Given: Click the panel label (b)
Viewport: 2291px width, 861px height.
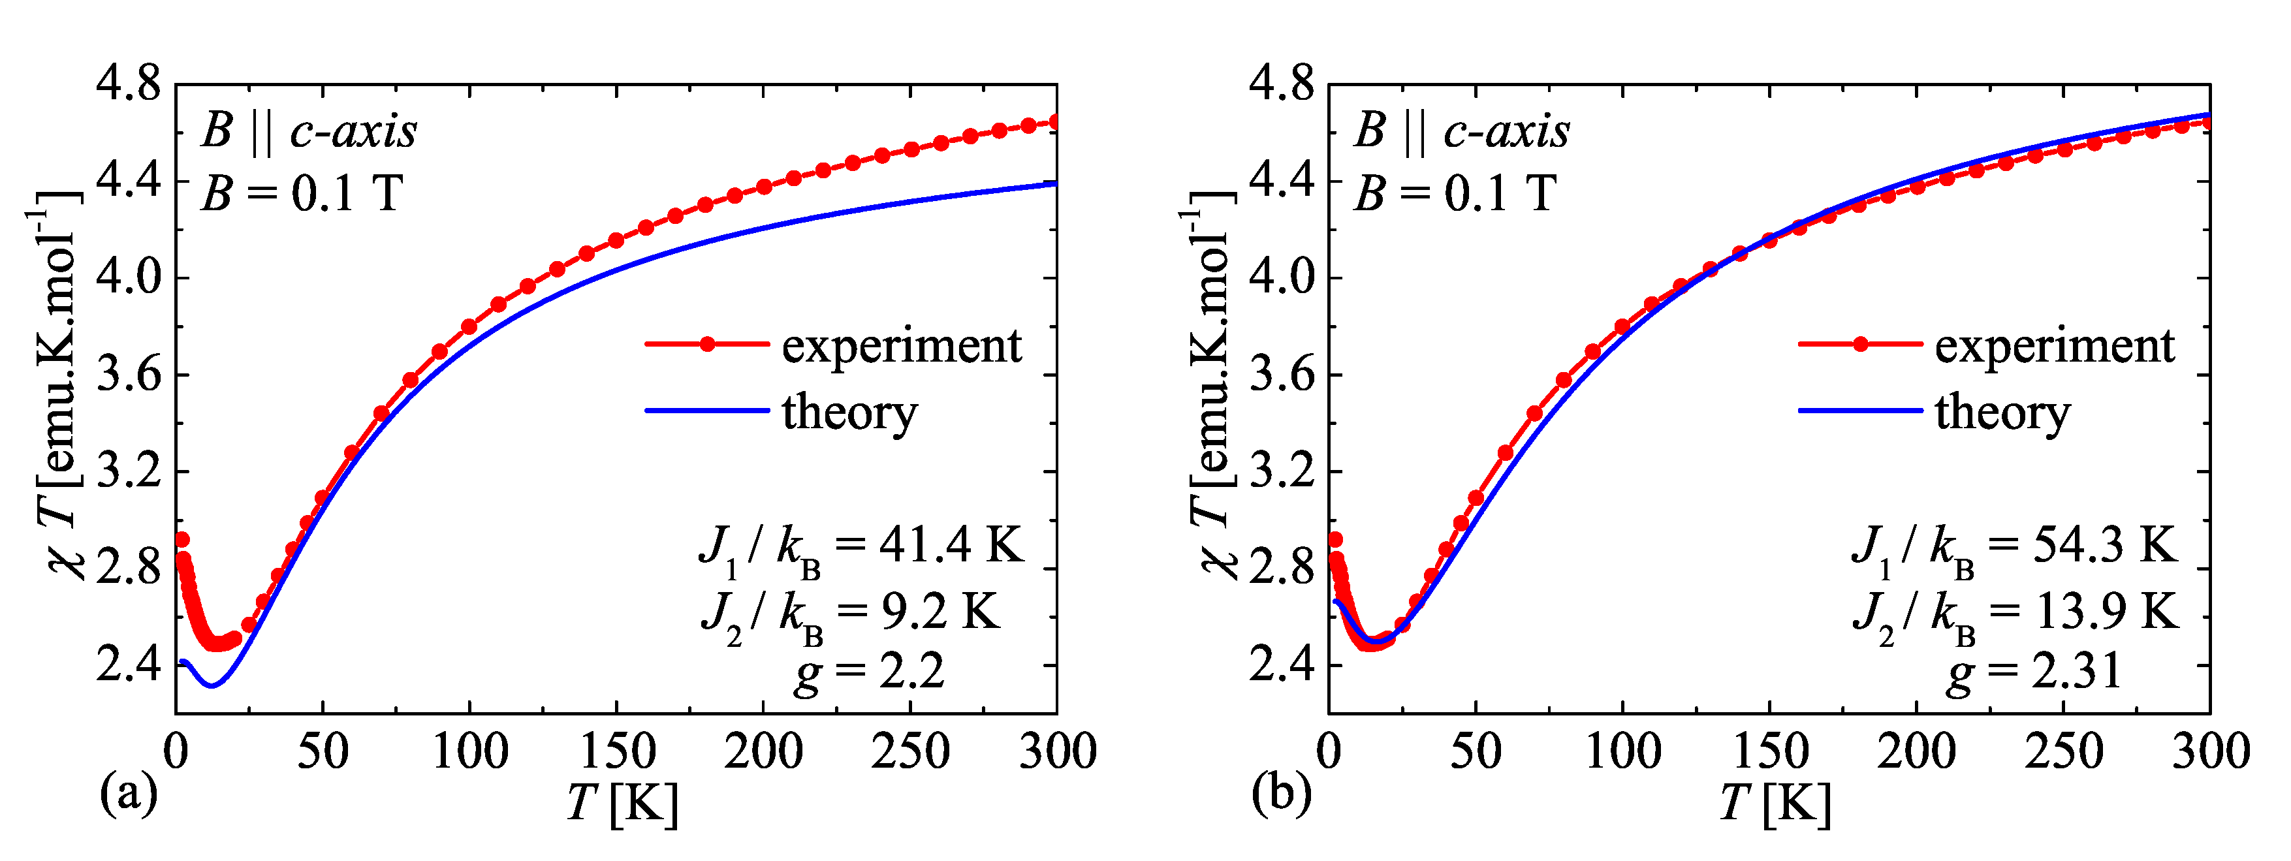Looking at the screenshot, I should point(1281,792).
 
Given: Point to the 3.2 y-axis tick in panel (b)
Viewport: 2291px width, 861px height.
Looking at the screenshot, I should point(1281,471).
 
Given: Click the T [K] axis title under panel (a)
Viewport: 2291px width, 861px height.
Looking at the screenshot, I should point(623,803).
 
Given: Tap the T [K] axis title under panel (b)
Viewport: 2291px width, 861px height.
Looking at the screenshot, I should point(1775,803).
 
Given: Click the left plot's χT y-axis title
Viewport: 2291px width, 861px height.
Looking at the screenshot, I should point(58,383).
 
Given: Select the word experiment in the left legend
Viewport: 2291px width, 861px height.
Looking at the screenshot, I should point(902,345).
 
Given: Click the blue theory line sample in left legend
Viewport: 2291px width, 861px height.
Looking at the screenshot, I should point(707,410).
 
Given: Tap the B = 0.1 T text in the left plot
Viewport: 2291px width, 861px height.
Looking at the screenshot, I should point(302,193).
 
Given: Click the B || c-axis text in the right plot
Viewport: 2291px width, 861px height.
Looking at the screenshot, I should point(1462,132).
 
